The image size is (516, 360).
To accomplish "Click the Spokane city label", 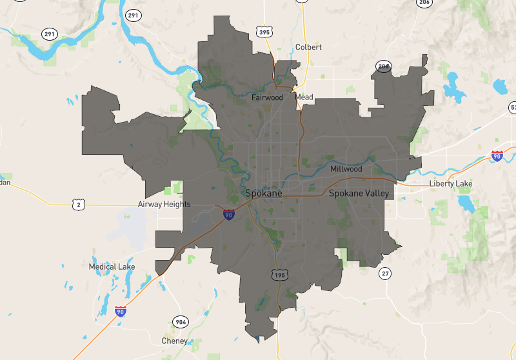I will pos(263,193).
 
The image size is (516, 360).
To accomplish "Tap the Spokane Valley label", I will pos(359,194).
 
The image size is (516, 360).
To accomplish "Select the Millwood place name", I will pos(346,169).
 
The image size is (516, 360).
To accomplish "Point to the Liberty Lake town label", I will pos(451,184).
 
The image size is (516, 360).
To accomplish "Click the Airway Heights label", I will pos(164,204).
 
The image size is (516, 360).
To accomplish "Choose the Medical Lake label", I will pos(112,266).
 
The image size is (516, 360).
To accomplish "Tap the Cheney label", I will pos(175,341).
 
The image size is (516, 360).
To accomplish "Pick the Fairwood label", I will pos(267,98).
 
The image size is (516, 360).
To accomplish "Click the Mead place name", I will pos(304,97).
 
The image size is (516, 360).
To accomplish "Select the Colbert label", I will pos(308,47).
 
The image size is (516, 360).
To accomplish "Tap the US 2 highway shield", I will pos(78,205).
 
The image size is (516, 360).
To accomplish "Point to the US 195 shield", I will pos(278,275).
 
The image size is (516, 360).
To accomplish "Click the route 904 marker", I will pos(181,322).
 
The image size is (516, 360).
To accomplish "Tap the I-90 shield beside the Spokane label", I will pos(229,214).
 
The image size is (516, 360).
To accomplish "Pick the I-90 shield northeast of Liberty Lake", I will pos(496,156).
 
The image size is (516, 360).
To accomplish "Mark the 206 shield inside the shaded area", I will pos(384,66).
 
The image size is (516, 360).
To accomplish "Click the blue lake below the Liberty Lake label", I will pos(464,203).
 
